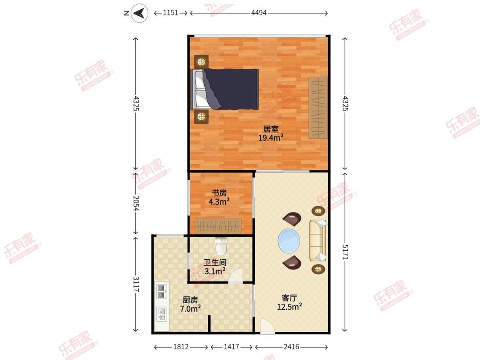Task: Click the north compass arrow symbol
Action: (x=140, y=13)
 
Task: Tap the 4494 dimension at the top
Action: (x=259, y=13)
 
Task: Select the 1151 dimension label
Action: (x=171, y=13)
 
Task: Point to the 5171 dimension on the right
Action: (x=345, y=252)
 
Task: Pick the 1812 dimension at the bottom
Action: (x=181, y=346)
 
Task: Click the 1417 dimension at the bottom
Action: (x=231, y=346)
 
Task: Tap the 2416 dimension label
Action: (x=291, y=346)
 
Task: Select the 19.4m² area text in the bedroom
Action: (x=271, y=137)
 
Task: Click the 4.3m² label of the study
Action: (x=219, y=201)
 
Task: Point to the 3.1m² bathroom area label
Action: (x=215, y=271)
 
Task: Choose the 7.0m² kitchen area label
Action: (x=190, y=308)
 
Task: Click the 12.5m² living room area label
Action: (x=290, y=306)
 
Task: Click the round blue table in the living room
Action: (x=289, y=241)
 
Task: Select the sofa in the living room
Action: (x=318, y=240)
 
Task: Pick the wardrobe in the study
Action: (x=218, y=226)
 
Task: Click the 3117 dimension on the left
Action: (x=136, y=284)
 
